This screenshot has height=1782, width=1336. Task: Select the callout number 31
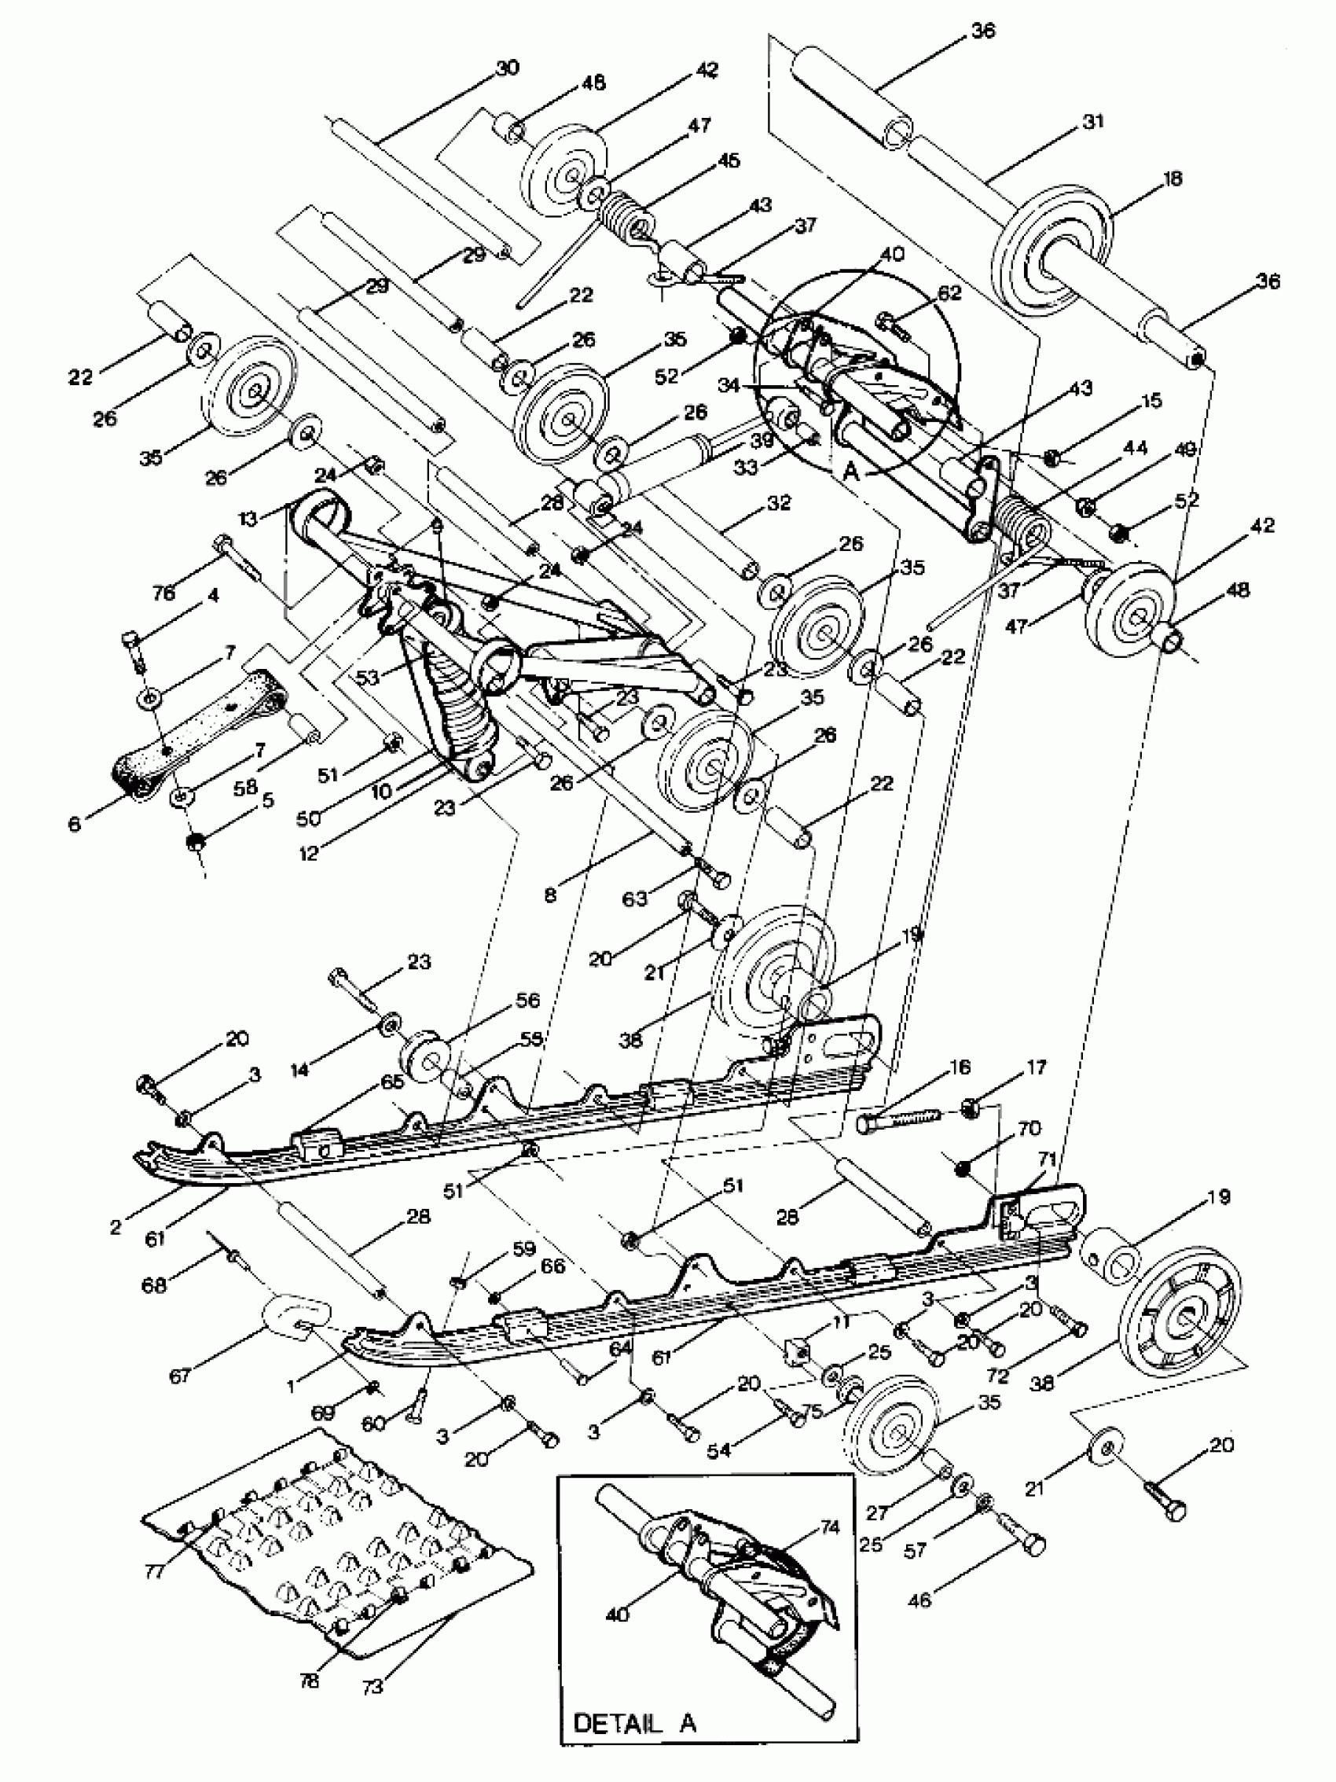coord(1093,122)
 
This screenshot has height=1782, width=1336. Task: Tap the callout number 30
coord(508,68)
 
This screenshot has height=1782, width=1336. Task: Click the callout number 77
coord(154,1593)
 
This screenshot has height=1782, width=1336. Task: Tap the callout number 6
coord(75,823)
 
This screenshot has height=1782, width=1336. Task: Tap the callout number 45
coord(728,160)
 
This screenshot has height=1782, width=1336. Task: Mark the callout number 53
coord(368,678)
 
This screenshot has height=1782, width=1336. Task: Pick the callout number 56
coord(527,1000)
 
